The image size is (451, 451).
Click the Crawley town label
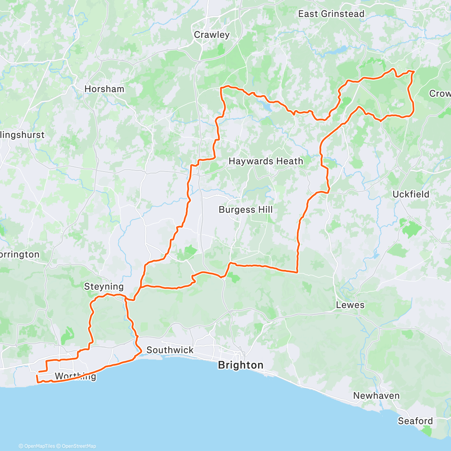tap(212, 35)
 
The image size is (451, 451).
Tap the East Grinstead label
tap(331, 14)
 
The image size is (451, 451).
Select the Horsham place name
tap(104, 89)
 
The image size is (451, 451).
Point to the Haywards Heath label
tap(266, 161)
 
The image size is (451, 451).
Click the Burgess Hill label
tap(245, 210)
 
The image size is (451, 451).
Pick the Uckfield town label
tap(410, 194)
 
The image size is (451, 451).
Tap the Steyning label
tap(104, 286)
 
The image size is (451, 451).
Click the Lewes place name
tap(350, 305)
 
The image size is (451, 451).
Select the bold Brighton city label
tap(241, 365)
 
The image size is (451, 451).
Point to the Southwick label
tap(170, 350)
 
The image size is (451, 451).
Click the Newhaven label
tap(376, 396)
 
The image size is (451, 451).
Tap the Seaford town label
tap(415, 421)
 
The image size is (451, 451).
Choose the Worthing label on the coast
tap(75, 376)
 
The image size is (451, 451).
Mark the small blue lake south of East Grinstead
tap(340, 49)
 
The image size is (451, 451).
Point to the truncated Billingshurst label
tap(22, 135)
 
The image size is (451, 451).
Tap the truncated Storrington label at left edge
tap(20, 254)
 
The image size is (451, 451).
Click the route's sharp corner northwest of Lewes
tap(297, 272)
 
